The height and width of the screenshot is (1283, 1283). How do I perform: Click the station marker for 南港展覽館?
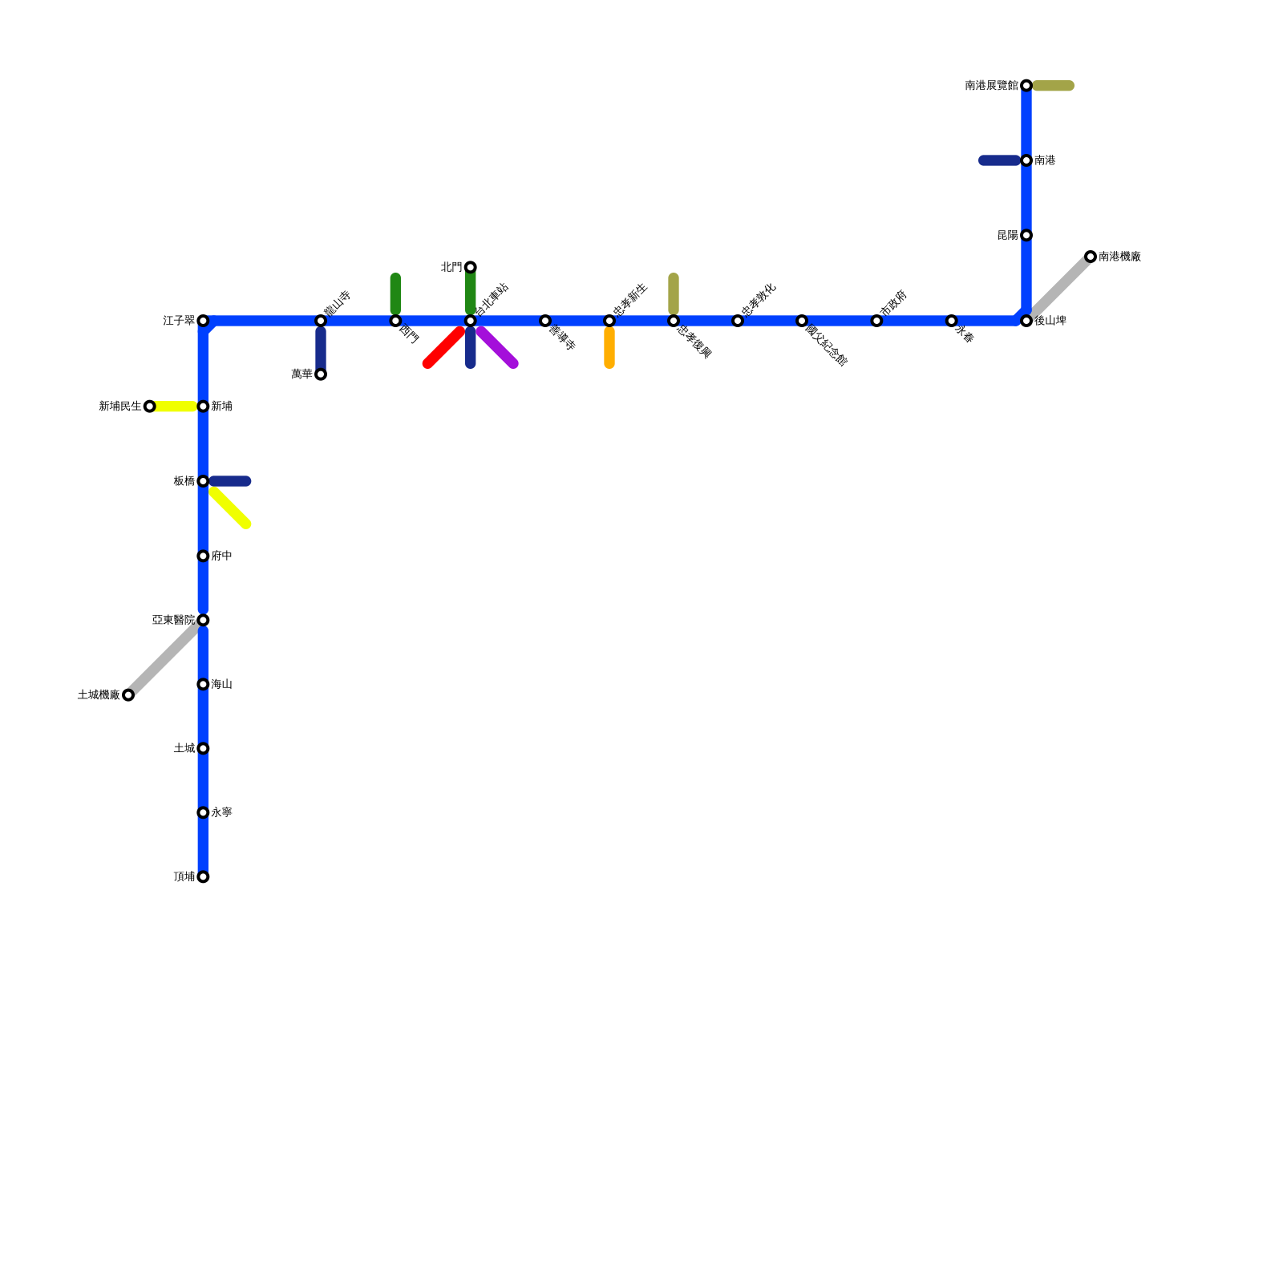point(1026,86)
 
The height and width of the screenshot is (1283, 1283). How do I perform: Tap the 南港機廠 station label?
point(1119,257)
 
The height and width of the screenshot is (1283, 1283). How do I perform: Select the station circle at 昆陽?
point(1026,235)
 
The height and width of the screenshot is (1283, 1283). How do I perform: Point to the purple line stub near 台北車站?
point(498,348)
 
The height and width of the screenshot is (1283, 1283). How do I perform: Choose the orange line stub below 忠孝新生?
point(609,348)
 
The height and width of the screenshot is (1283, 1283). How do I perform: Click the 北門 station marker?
point(471,267)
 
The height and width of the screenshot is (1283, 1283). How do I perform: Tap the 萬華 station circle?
point(321,374)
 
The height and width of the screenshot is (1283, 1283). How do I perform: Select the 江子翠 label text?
point(178,321)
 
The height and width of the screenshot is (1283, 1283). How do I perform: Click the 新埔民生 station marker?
point(150,407)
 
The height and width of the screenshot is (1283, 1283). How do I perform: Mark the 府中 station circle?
point(204,556)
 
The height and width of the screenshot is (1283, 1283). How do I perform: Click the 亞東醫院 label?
point(173,620)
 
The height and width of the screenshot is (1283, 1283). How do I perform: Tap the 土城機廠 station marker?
point(128,695)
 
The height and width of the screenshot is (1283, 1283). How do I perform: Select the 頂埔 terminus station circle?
point(204,876)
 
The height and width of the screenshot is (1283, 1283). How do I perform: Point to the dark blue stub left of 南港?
point(999,160)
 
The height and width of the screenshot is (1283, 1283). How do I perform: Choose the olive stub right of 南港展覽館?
point(1054,86)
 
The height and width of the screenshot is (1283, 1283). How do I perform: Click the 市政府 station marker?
point(876,321)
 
